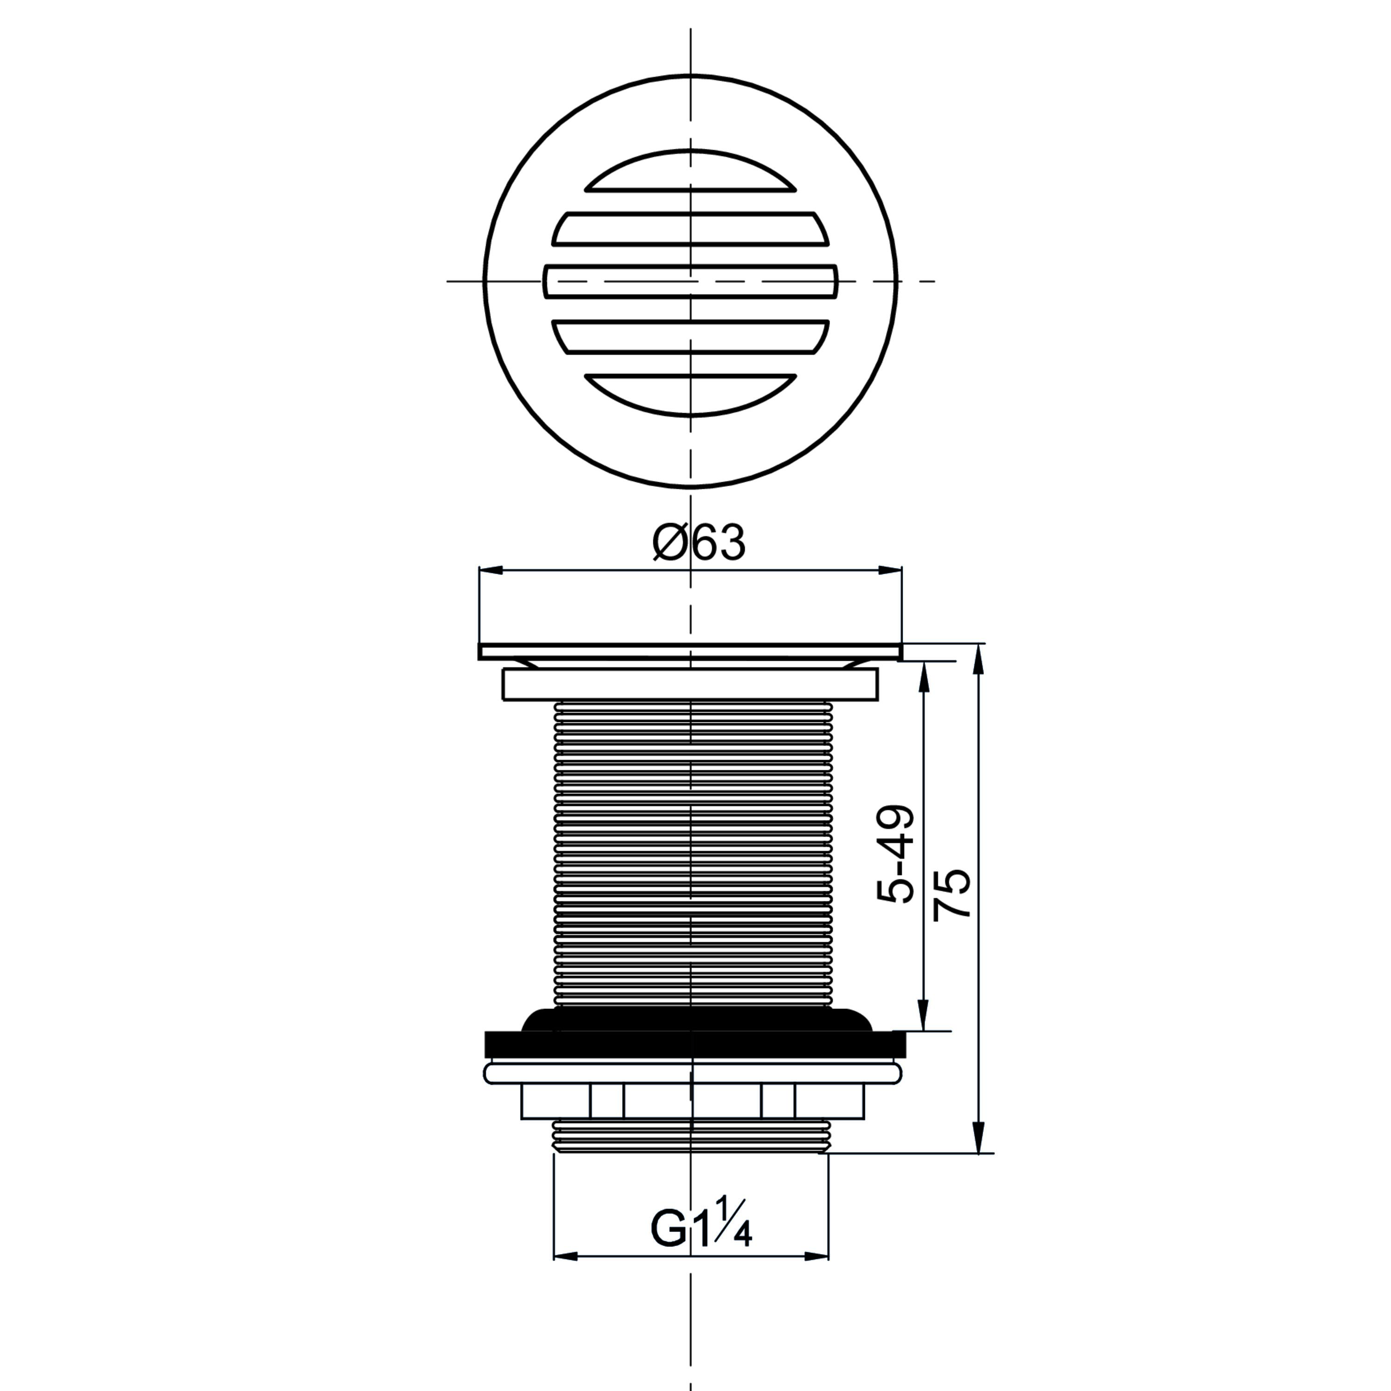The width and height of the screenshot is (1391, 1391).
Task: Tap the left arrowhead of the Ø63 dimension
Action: click(490, 571)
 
